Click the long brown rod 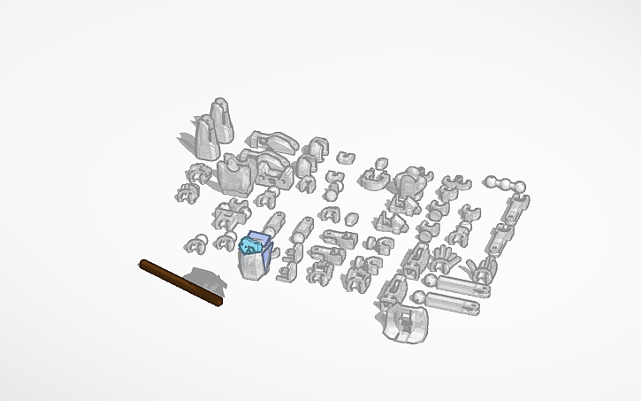pyautogui.click(x=180, y=281)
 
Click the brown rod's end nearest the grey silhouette pyautogui.click(x=217, y=301)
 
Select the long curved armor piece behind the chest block pyautogui.click(x=275, y=140)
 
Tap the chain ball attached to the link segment pyautogui.click(x=521, y=188)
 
